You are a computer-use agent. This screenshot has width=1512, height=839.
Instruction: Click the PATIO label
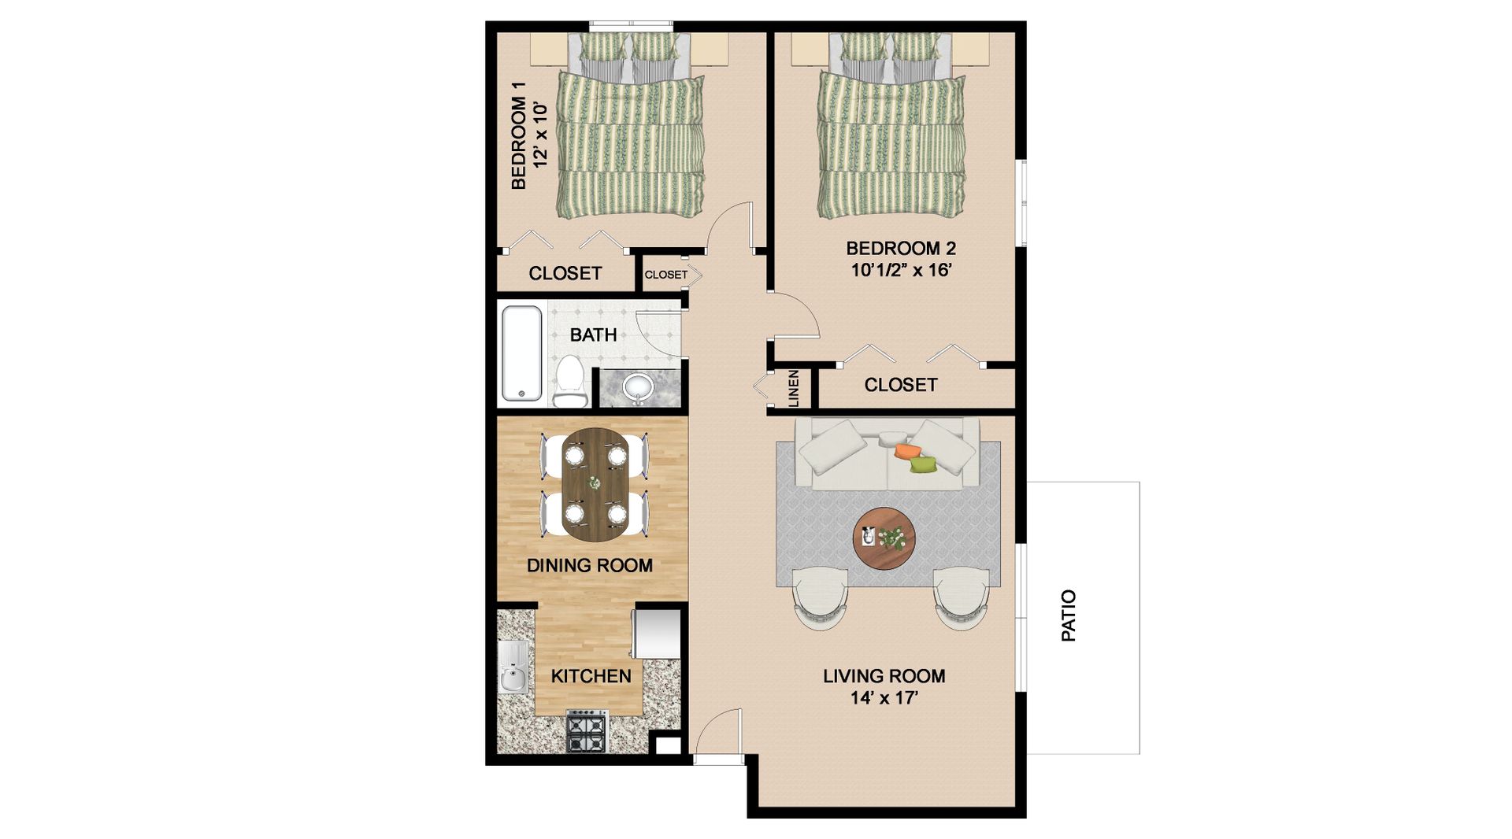(1069, 615)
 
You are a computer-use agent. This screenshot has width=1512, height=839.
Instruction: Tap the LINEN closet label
(793, 389)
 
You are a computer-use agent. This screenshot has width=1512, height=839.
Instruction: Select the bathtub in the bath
(521, 353)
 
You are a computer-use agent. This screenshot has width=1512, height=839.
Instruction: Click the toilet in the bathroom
(569, 380)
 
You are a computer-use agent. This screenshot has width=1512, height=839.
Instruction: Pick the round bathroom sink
(637, 387)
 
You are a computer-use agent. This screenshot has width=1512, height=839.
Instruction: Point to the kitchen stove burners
(587, 730)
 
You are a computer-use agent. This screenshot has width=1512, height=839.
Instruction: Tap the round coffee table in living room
(884, 538)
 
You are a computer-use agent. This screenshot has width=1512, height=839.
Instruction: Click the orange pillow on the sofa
(908, 451)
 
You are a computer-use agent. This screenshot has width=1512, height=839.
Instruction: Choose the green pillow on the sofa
(923, 464)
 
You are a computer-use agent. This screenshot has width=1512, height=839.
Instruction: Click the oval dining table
(595, 484)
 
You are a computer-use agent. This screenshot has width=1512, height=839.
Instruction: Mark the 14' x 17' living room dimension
(884, 697)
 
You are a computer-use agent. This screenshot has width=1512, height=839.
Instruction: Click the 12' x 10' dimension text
(540, 134)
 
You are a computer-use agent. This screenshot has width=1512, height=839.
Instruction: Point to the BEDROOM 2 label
(901, 249)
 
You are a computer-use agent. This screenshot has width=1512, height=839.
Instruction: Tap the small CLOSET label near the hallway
(665, 275)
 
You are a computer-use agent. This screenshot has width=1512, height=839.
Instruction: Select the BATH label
(593, 335)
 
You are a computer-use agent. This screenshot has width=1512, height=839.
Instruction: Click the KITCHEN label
(591, 676)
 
